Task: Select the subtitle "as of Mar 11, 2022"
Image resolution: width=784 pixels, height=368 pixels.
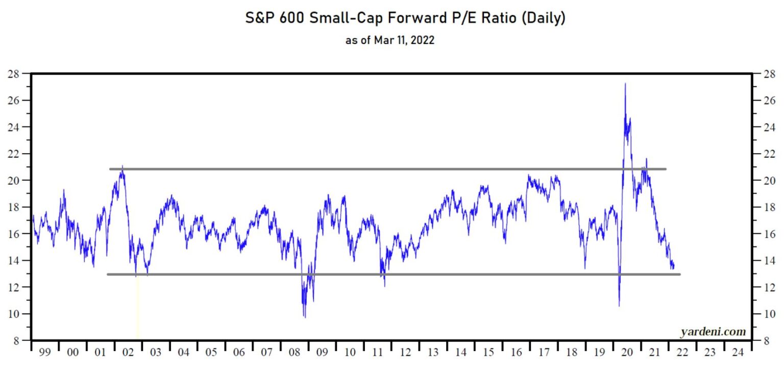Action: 390,40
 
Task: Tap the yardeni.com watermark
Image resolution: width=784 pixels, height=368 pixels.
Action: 713,332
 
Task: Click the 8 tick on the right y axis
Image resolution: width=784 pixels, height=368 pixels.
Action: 767,340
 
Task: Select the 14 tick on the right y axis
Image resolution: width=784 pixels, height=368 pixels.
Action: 768,261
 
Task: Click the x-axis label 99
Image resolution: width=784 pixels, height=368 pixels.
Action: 45,352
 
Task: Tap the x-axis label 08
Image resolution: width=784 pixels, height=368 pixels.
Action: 294,352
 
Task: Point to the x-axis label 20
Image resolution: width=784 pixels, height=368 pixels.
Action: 627,352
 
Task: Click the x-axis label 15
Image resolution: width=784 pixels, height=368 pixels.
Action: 488,352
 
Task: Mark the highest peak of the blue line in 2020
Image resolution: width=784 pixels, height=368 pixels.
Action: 625,84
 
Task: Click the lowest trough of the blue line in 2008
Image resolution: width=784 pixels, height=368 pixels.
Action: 305,317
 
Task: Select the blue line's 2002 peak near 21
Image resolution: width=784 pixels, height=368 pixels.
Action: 122,166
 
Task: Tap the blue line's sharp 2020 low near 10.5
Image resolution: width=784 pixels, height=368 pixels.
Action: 619,306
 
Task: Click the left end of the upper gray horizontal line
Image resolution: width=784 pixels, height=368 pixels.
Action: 110,169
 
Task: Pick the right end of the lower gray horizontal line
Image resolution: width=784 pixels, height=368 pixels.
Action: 680,274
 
